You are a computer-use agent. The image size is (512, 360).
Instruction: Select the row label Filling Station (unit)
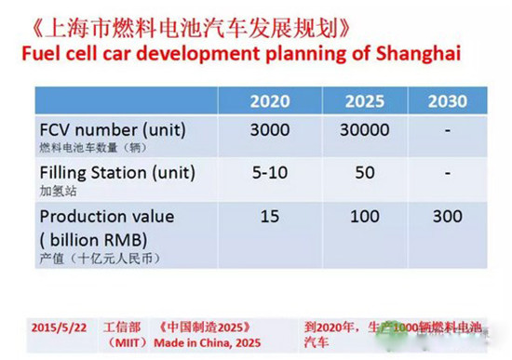click(x=117, y=172)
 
